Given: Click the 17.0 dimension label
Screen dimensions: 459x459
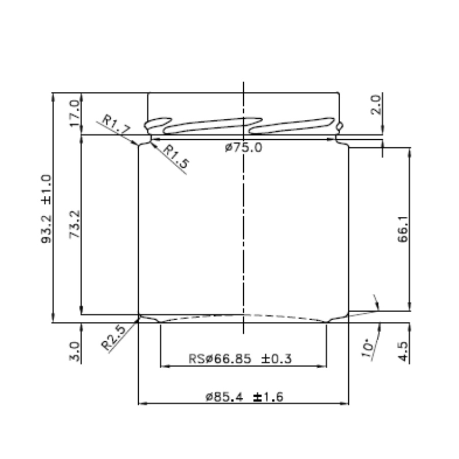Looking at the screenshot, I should pyautogui.click(x=74, y=114).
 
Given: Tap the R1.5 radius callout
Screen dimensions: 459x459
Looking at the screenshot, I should pyautogui.click(x=176, y=156).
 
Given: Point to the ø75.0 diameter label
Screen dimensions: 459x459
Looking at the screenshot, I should pyautogui.click(x=243, y=148).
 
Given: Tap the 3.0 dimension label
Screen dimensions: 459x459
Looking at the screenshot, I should pyautogui.click(x=74, y=352).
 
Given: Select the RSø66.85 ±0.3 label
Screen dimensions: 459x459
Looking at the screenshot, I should pyautogui.click(x=240, y=359).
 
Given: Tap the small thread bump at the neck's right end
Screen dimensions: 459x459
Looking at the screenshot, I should pyautogui.click(x=339, y=125).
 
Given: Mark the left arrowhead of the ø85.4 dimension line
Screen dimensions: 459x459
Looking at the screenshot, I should pyautogui.click(x=142, y=403).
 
